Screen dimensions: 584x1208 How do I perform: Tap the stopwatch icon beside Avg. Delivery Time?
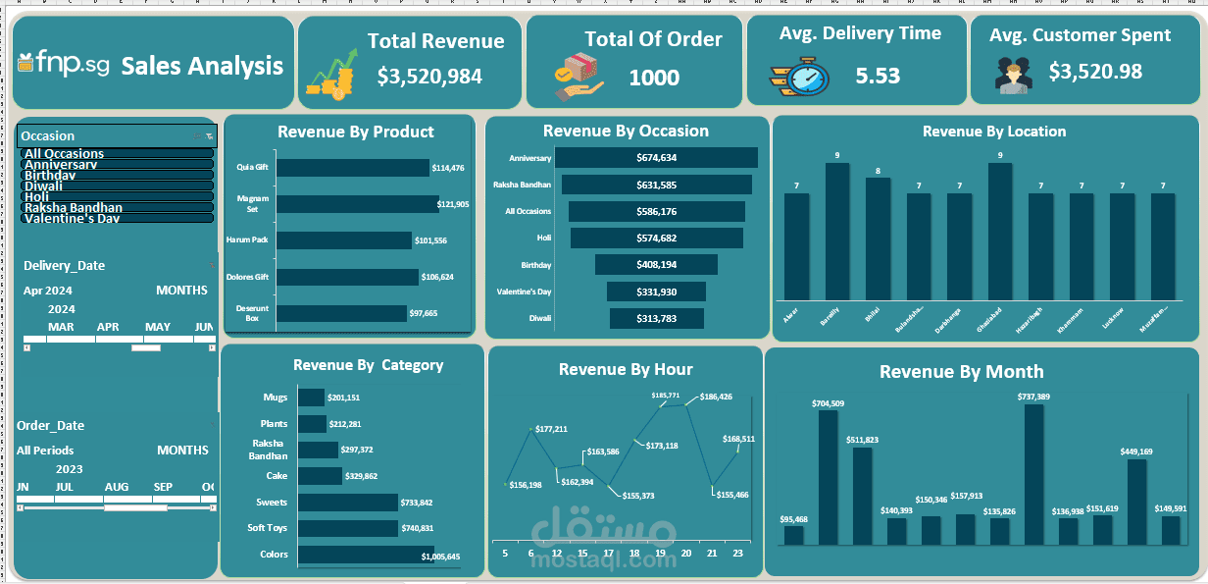(800, 76)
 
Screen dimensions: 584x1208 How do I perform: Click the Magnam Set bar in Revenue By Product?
(356, 204)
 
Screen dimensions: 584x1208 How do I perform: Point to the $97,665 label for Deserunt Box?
(424, 313)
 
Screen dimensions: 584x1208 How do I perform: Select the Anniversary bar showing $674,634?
(656, 158)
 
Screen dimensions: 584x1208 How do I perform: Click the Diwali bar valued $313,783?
(656, 318)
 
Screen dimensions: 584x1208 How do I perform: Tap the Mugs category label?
(276, 398)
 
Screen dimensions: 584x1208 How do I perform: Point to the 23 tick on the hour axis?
(736, 554)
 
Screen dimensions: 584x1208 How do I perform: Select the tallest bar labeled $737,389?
(1033, 474)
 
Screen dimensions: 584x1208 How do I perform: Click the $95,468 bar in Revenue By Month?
(794, 535)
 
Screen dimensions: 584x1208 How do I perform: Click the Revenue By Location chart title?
(993, 132)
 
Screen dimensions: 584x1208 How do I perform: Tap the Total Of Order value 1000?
(654, 78)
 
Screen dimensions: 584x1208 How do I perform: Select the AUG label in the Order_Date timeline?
(117, 487)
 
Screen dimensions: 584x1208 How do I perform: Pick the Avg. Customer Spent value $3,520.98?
(1095, 72)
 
